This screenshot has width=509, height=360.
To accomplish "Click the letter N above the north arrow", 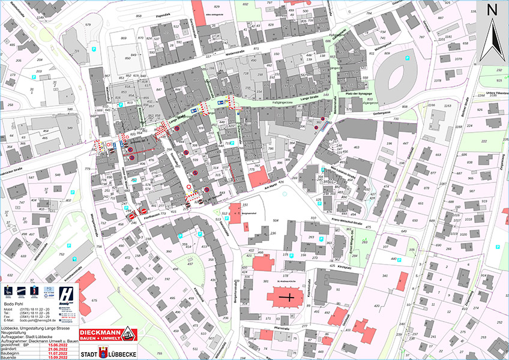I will click(x=491, y=10).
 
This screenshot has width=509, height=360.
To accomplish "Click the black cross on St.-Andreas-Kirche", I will click(x=291, y=297).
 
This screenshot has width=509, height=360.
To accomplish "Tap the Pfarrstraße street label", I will click(x=282, y=328).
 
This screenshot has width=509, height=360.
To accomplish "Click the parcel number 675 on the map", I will click(x=94, y=299).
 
